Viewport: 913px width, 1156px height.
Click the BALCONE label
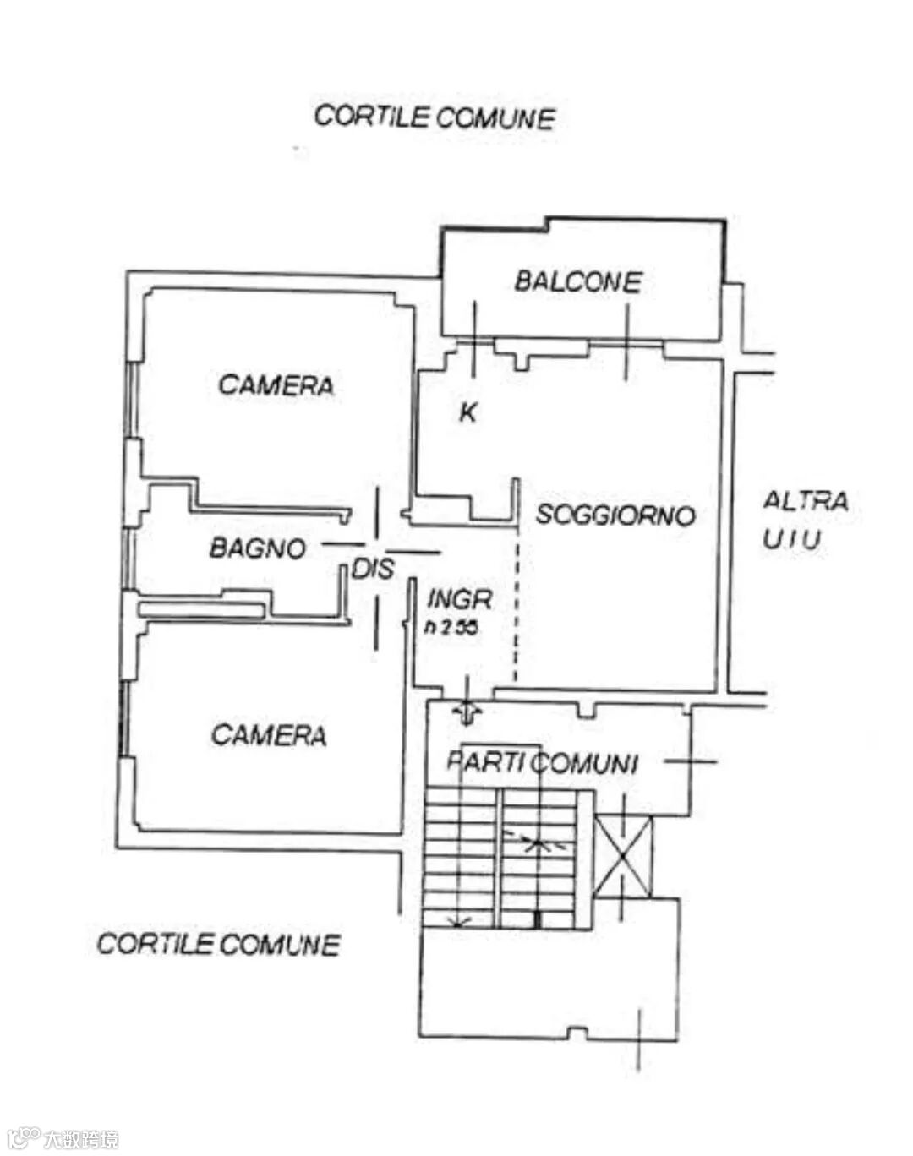[x=578, y=281]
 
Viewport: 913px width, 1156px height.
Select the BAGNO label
[x=257, y=548]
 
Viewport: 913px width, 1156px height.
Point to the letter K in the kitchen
[x=467, y=412]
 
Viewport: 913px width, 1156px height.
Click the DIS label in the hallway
[x=373, y=569]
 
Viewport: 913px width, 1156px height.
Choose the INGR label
[x=459, y=599]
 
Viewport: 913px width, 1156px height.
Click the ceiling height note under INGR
[x=451, y=627]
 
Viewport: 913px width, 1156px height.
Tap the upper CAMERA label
[x=276, y=385]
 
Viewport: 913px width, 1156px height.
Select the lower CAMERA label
[x=269, y=734]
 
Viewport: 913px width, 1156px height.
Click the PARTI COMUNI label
[x=541, y=762]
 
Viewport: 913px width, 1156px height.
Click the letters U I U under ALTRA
[x=791, y=538]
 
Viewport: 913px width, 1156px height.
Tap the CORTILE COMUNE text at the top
[x=435, y=117]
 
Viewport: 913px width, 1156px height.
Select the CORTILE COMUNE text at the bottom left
[x=218, y=943]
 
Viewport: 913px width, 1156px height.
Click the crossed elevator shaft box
[x=623, y=856]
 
